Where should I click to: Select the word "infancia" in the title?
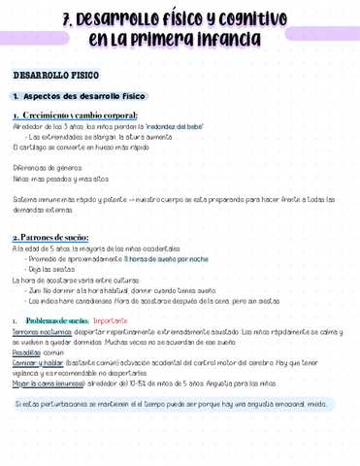coord(222,40)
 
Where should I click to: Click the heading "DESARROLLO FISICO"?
coord(55,75)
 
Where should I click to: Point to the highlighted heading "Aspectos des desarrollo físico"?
coord(82,97)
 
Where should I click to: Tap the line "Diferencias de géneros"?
coord(43,167)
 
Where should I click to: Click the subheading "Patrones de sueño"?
coord(54,237)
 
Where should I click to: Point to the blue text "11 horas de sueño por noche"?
coord(166,259)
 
